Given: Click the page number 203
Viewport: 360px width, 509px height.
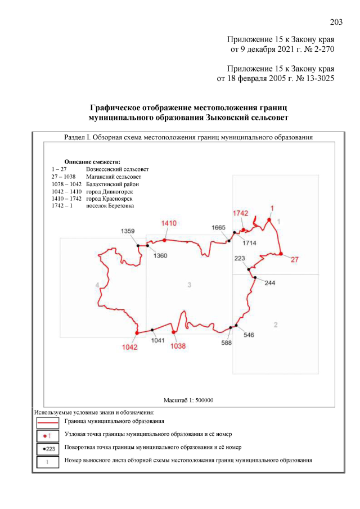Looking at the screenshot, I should point(336,22).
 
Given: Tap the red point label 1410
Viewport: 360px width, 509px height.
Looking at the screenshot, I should point(169,223).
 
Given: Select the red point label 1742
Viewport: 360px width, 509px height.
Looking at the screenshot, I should point(240,214).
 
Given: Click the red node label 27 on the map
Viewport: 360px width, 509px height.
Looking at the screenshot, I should point(294,259).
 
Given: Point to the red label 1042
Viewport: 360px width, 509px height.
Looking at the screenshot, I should point(129,346).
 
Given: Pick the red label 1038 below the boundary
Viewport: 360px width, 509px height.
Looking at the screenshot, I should point(178,346).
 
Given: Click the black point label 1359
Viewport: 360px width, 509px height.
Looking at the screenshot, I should point(128,231).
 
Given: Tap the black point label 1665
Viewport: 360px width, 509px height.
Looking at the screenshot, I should point(219,227).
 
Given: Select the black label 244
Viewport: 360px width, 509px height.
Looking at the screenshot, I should point(270,283).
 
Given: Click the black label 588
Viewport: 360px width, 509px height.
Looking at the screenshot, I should point(227,343).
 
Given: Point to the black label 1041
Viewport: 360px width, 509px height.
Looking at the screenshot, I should point(159,340).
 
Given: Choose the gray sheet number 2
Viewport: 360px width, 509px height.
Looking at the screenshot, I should point(275,325).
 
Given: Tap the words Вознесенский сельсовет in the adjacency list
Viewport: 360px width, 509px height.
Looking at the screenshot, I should point(117,169).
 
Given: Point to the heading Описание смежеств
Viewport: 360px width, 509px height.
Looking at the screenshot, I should point(93,161).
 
